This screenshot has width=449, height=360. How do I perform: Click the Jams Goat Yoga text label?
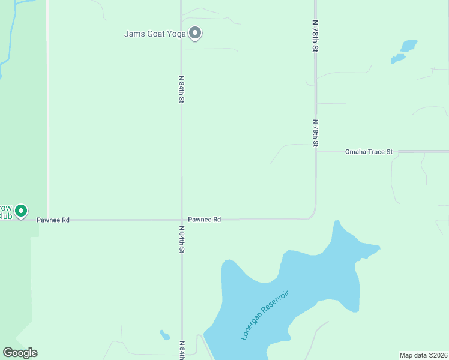tap(154, 34)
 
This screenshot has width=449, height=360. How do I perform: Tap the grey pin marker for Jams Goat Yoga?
tap(194, 33)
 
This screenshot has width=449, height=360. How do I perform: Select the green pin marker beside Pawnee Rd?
tap(21, 211)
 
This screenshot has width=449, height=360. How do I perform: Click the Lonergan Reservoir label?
tap(265, 315)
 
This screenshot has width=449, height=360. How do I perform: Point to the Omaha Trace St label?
tap(369, 152)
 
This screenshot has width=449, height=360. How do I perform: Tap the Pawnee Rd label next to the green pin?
tap(53, 220)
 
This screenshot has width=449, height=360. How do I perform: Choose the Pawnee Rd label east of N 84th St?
tap(205, 220)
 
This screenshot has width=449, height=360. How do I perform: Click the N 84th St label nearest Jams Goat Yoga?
tap(181, 89)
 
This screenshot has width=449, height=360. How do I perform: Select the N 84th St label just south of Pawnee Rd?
tap(181, 239)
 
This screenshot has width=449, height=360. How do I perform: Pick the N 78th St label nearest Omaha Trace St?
tap(315, 133)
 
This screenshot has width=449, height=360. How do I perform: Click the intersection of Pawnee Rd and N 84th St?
tap(181, 220)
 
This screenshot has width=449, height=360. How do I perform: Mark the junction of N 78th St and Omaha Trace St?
tap(316, 151)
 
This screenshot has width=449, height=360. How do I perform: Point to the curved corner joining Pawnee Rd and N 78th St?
tap(313, 215)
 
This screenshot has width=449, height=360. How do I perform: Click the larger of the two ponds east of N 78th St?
tap(409, 46)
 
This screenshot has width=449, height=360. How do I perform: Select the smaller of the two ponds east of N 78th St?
tap(397, 59)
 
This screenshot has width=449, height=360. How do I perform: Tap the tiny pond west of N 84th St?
tap(164, 335)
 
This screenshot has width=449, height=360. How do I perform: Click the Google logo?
tap(20, 353)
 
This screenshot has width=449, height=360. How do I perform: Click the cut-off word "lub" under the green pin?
tap(6, 216)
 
